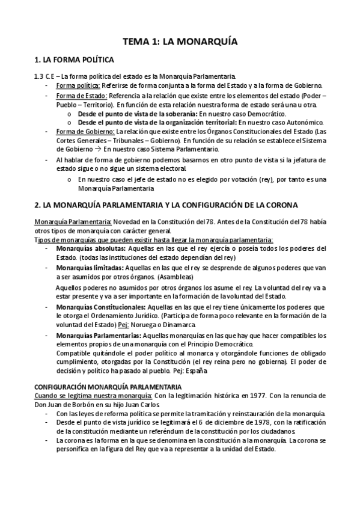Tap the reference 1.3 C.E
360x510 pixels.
(44, 76)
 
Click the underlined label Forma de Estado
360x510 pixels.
(81, 96)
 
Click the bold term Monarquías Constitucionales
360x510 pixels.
(99, 306)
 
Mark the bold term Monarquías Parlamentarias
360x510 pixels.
(99, 334)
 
